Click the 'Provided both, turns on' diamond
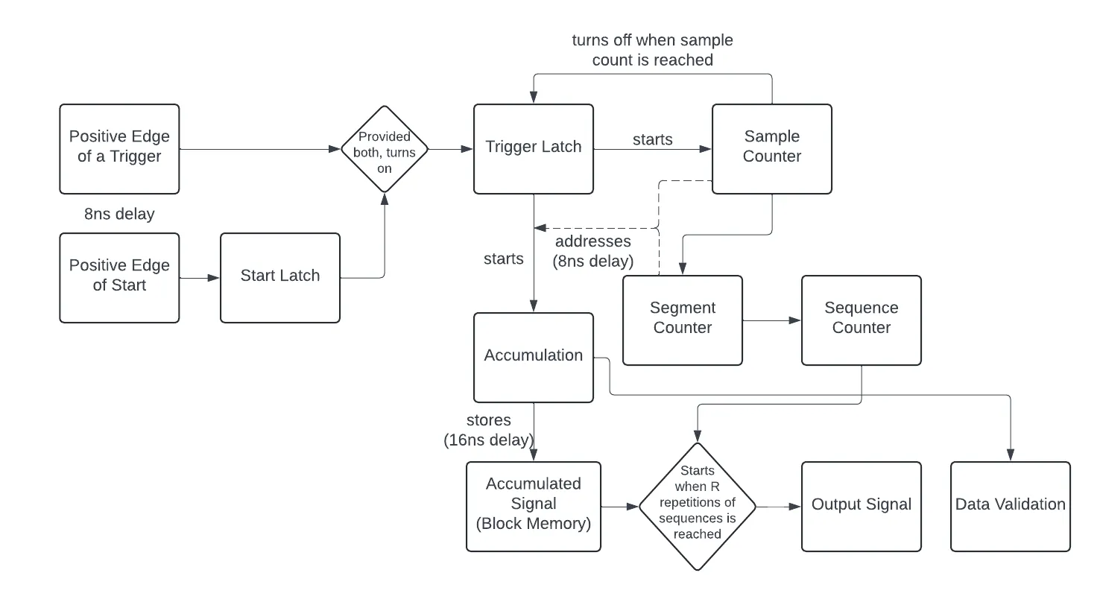[384, 149]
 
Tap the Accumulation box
[534, 357]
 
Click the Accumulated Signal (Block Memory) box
[534, 506]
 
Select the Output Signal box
[862, 506]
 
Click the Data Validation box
[1011, 506]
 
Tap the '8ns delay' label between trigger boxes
[119, 215]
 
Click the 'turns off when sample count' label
[653, 50]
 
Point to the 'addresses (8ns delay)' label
[593, 251]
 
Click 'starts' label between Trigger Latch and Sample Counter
[653, 139]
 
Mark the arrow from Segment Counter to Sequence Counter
[772, 321]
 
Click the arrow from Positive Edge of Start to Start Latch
[200, 278]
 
